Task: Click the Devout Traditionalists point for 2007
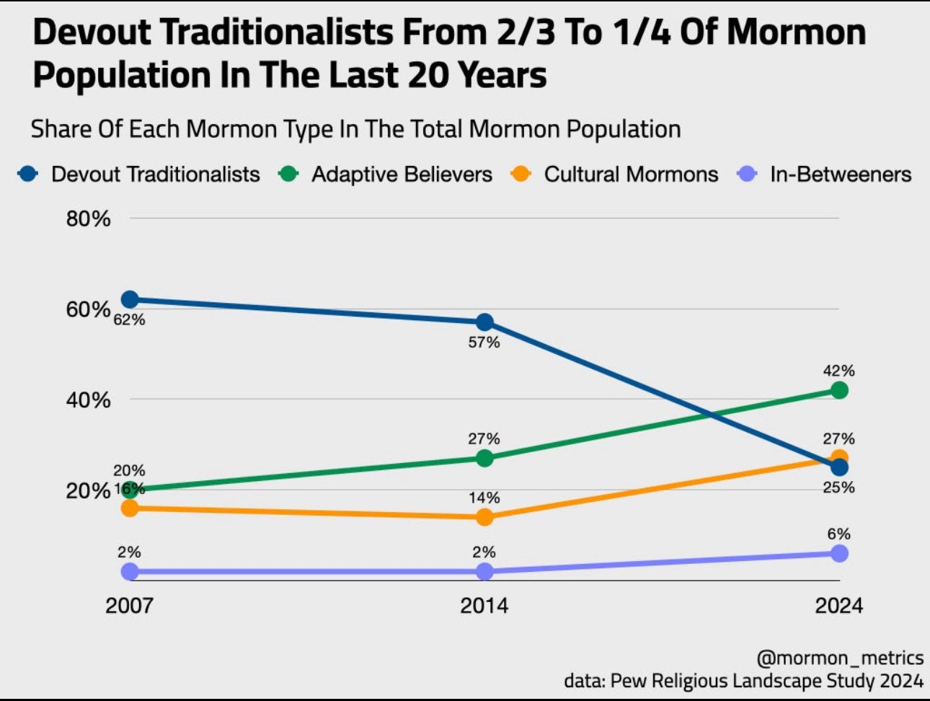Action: pyautogui.click(x=130, y=299)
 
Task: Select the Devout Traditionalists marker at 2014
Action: pyautogui.click(x=484, y=322)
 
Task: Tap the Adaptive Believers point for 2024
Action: pyautogui.click(x=839, y=390)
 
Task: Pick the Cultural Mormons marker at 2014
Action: pyautogui.click(x=484, y=517)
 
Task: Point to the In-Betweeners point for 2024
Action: pyautogui.click(x=839, y=553)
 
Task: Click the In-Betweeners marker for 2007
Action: pyautogui.click(x=130, y=571)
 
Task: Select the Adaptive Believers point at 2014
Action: pyautogui.click(x=484, y=458)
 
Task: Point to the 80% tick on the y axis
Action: pyautogui.click(x=89, y=219)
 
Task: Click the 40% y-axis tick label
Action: pyautogui.click(x=89, y=400)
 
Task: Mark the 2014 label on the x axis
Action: pyautogui.click(x=484, y=604)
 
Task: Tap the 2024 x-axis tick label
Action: pyautogui.click(x=839, y=604)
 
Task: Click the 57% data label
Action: pyautogui.click(x=484, y=343)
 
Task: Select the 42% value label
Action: pyautogui.click(x=839, y=371)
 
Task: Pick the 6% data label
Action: pyautogui.click(x=839, y=534)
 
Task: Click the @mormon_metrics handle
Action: pyautogui.click(x=840, y=658)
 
